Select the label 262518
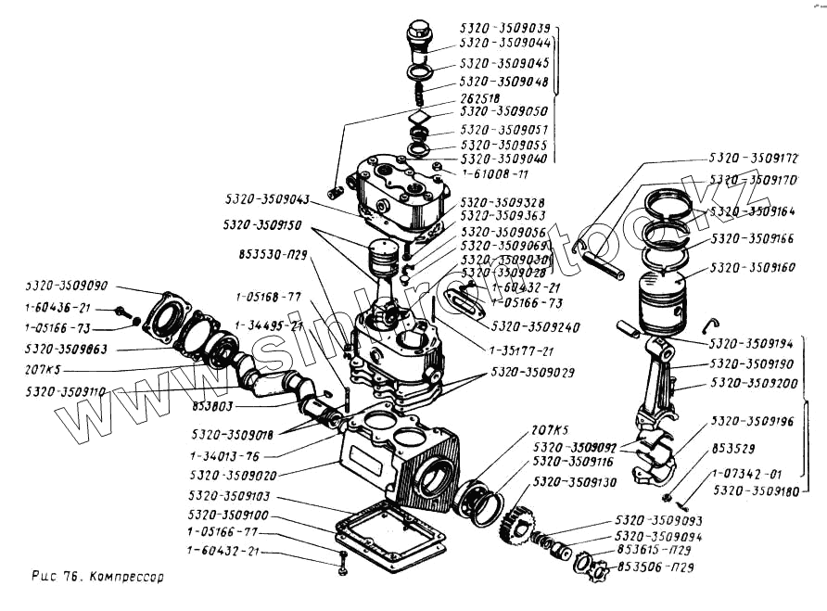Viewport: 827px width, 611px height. (480, 97)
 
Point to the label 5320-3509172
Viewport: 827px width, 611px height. (754, 159)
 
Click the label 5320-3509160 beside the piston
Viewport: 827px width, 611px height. (754, 267)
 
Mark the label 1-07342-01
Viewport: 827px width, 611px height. (751, 474)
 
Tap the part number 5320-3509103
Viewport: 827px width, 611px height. (228, 496)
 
